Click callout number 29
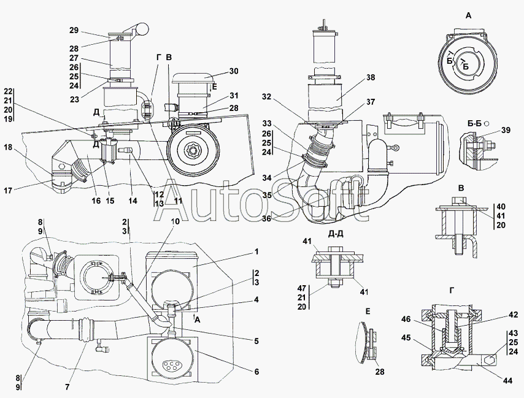[74, 30]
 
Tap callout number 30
[234, 71]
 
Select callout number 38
[371, 77]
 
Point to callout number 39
[506, 130]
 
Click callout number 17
[9, 190]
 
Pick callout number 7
[67, 387]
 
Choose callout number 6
[256, 372]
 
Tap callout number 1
[256, 251]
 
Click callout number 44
[507, 380]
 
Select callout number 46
[406, 320]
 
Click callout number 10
[175, 221]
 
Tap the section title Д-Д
[336, 234]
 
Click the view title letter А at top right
[469, 15]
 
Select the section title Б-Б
[474, 124]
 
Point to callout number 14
[133, 201]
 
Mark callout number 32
[266, 96]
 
